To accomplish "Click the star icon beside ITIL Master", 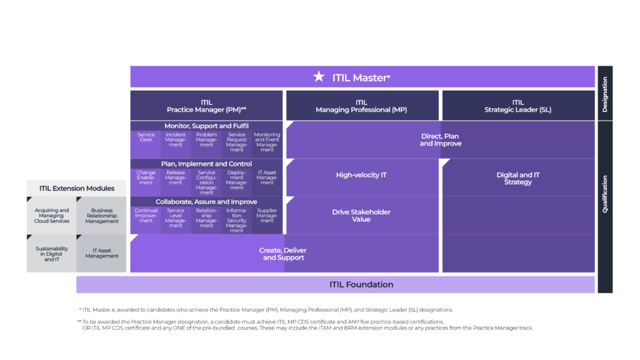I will click(x=319, y=77).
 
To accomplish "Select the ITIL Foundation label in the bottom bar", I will click(x=361, y=284).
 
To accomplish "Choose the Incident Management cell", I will click(x=176, y=142).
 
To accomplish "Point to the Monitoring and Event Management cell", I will click(x=267, y=142).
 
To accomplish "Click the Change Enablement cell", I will click(x=146, y=179).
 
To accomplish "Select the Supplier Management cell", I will click(x=267, y=217).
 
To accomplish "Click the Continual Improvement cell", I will click(x=146, y=217).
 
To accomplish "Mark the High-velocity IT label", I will click(x=361, y=175).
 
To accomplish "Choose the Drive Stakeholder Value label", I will click(x=361, y=216).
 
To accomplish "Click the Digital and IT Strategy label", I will click(x=517, y=179).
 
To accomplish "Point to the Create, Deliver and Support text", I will click(x=282, y=254).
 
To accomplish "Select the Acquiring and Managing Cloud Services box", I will click(x=51, y=216).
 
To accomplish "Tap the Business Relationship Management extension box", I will click(x=102, y=216).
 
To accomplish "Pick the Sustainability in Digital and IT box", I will click(x=51, y=254).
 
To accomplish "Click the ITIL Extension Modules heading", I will click(x=77, y=188).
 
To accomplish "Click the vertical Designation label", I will click(x=604, y=94).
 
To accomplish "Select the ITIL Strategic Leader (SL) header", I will click(x=517, y=106).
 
